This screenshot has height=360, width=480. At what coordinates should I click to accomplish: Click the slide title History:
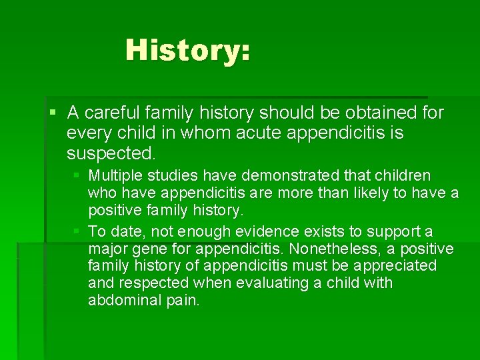187,50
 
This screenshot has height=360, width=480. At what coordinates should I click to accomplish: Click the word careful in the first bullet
111,113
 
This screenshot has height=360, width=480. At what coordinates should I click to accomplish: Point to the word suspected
110,154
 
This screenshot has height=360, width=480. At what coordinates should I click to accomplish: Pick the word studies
166,176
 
